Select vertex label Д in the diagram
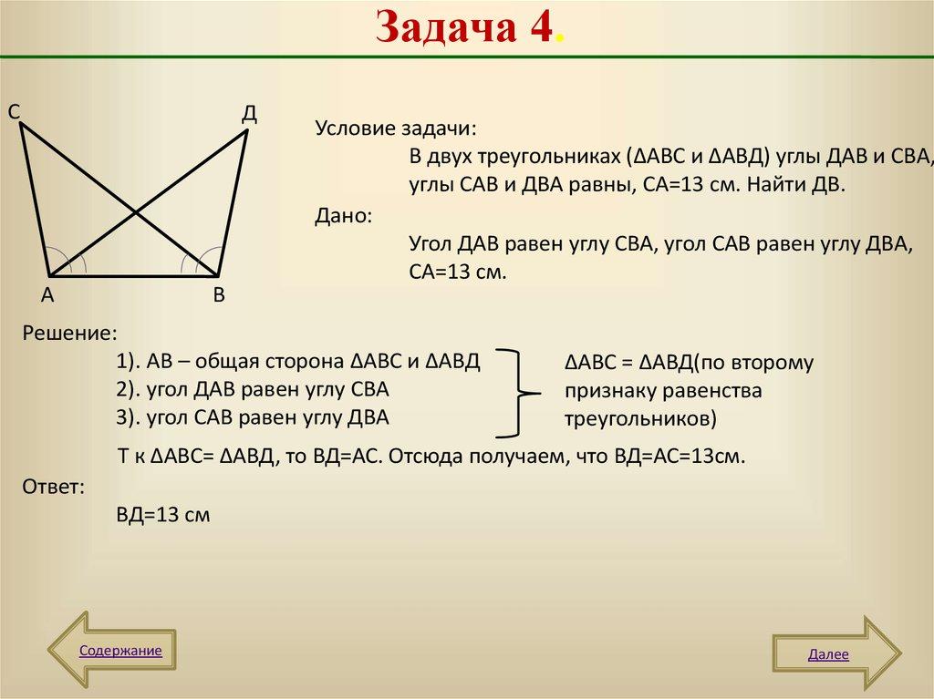(x=249, y=114)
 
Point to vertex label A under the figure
(x=47, y=295)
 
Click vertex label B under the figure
(x=219, y=295)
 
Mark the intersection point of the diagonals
(x=136, y=213)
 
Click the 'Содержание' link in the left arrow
(x=120, y=651)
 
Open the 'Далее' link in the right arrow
(x=827, y=654)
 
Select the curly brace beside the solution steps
(x=521, y=393)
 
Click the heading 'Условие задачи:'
(x=396, y=128)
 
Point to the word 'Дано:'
(x=343, y=216)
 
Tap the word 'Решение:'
(x=70, y=333)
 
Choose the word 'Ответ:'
(x=54, y=487)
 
